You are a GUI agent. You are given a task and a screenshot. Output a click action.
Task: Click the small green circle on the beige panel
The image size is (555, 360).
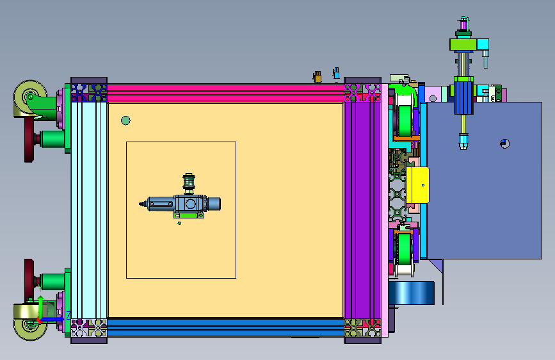125,120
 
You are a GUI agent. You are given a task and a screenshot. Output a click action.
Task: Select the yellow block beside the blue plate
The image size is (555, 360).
417,185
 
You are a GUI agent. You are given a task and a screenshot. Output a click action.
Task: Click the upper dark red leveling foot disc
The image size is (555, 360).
29,140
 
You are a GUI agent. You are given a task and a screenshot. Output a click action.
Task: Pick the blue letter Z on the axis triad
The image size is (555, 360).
68,315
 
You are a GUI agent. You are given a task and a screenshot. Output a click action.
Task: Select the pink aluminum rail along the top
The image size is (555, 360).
225,92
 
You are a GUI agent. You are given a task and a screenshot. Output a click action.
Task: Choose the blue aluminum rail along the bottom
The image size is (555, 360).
225,327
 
